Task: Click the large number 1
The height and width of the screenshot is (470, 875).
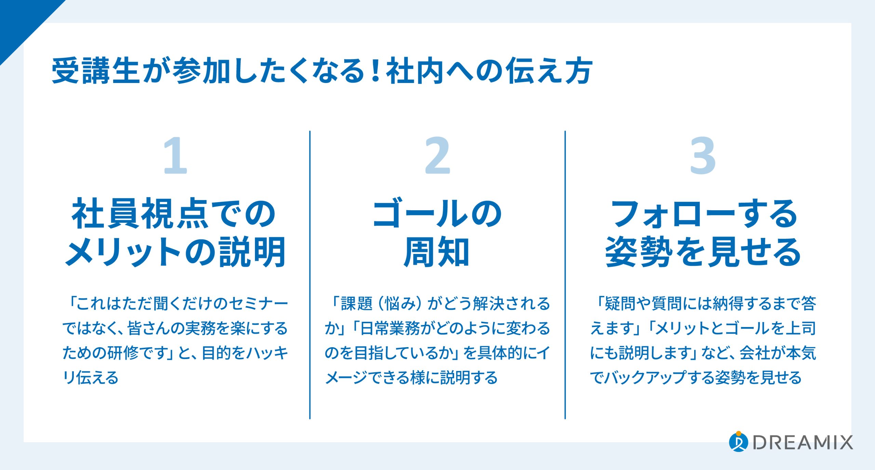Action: [x=175, y=156]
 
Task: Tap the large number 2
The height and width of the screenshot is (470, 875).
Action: [x=437, y=156]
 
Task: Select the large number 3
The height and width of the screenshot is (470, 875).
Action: [x=703, y=156]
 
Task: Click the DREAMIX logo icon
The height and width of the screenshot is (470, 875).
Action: [x=738, y=442]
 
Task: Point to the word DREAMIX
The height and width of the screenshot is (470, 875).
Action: [x=803, y=443]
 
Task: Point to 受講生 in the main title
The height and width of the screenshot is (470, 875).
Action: [x=96, y=71]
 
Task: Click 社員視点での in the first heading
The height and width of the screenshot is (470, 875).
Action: [x=174, y=214]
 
